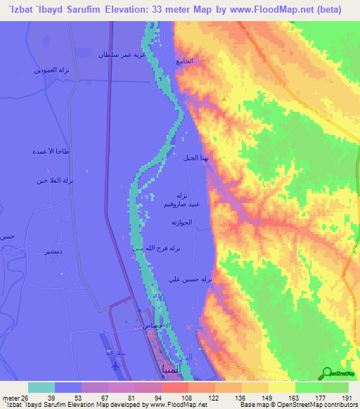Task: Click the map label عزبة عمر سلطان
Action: pos(112,54)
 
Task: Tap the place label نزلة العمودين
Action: pos(50,70)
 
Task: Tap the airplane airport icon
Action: pos(115,365)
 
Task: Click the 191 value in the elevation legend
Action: pos(345,398)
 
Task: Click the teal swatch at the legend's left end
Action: pos(41,387)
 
